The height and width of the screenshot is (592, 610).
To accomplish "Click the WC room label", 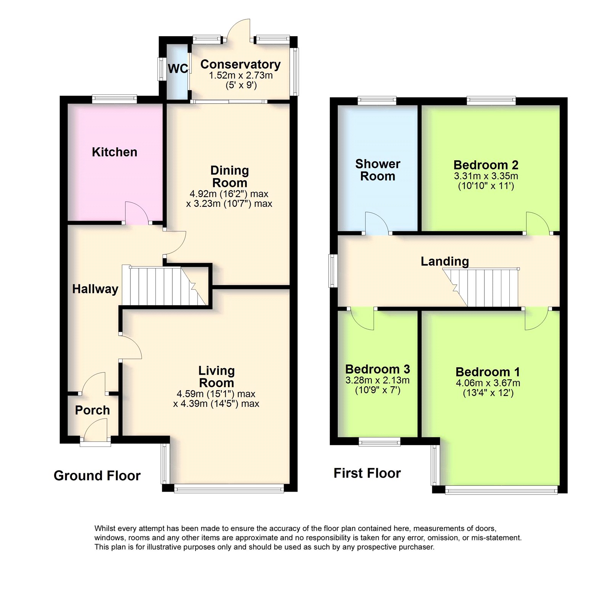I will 178,69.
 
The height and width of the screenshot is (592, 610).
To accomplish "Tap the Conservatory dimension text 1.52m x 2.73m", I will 241,75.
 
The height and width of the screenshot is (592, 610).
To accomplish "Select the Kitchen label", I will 114,152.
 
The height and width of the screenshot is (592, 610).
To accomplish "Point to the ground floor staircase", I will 164,286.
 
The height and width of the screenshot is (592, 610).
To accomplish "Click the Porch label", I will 92,410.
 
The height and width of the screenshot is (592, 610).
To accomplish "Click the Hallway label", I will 95,289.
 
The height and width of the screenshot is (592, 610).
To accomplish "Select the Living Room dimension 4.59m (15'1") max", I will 216,394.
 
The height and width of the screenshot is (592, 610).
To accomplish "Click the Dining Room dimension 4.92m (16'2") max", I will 229,194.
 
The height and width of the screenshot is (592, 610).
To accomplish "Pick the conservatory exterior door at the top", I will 239,30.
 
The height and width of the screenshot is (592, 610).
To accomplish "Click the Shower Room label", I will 377,170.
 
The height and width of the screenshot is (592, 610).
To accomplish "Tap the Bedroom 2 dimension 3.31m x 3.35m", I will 486,176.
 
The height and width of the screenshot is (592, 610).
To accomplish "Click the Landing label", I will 445,262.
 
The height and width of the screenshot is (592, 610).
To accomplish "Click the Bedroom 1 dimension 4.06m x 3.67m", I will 488,383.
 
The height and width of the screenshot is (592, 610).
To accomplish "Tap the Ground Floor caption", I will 97,476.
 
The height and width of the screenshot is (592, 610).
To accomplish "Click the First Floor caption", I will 367,473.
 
